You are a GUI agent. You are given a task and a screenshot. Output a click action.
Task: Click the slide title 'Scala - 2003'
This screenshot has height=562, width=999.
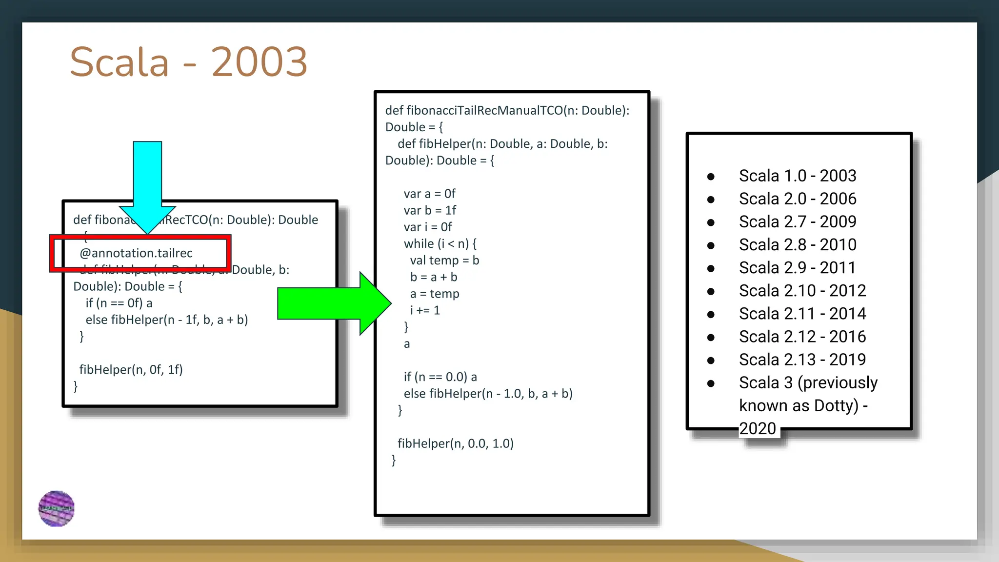188,62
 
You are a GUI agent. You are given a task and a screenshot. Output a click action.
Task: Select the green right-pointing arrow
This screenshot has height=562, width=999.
332,303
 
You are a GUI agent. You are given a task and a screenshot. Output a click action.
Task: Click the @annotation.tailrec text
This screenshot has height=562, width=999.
136,253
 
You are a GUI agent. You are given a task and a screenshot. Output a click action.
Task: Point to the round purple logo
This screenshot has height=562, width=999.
57,508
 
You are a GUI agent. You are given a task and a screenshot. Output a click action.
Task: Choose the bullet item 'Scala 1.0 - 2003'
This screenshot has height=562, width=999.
798,176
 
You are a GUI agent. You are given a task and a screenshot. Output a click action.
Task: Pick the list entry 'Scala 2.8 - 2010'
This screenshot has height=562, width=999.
798,244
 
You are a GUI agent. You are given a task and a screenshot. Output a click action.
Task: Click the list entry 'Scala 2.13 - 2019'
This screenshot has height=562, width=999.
802,360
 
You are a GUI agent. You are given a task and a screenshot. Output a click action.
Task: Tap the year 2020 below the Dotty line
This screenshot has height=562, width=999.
758,428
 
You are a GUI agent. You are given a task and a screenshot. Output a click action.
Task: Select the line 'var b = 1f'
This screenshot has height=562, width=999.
430,210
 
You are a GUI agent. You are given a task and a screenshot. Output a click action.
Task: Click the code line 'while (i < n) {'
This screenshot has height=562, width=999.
440,243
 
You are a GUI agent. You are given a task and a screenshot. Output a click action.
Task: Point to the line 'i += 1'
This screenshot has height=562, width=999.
425,310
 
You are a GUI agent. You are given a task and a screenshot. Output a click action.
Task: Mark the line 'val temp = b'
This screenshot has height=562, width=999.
444,261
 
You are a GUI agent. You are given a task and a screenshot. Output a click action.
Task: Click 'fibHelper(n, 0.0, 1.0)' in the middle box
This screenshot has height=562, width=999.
456,443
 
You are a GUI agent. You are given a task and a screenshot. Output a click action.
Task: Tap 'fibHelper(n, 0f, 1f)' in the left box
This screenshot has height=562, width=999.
131,369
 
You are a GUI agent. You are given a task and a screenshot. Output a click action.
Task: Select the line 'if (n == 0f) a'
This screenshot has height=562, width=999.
119,303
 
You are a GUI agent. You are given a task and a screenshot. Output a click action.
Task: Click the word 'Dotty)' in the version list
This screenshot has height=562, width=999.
836,405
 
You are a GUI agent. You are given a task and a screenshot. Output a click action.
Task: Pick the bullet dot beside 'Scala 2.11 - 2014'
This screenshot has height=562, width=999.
711,314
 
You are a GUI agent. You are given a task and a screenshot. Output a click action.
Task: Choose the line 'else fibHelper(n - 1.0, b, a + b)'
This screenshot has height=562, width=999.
488,394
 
